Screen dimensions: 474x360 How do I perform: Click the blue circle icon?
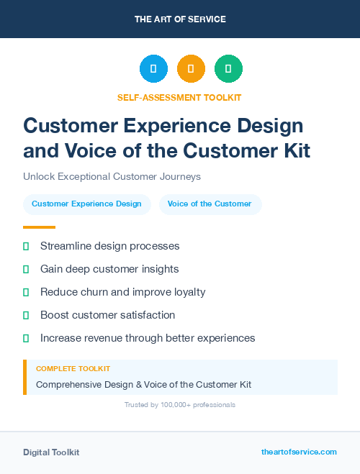coord(153,69)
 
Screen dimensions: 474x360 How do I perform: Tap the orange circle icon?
coord(191,69)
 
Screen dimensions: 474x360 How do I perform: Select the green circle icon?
coord(228,69)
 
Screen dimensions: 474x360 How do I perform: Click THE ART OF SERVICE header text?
coord(180,19)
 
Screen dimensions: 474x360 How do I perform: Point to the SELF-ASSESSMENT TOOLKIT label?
coord(179,97)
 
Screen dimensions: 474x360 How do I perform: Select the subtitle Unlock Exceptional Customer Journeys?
coord(112,176)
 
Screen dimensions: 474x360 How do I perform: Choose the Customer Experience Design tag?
coord(86,204)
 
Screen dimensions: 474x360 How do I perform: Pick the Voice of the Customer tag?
coord(210,204)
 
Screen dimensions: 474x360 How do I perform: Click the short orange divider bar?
coord(39,227)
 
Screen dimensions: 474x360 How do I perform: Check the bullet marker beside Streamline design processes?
coord(26,246)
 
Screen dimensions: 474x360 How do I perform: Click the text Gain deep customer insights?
coord(109,269)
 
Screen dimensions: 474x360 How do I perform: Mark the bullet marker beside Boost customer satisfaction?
coord(26,315)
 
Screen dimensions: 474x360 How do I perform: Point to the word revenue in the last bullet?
coord(109,338)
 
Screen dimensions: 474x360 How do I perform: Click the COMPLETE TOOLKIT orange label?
coord(73,368)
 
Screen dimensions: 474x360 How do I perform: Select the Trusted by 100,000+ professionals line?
coord(180,405)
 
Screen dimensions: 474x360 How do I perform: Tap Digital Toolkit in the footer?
coord(51,452)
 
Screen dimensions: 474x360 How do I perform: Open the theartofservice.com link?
coord(299,452)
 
